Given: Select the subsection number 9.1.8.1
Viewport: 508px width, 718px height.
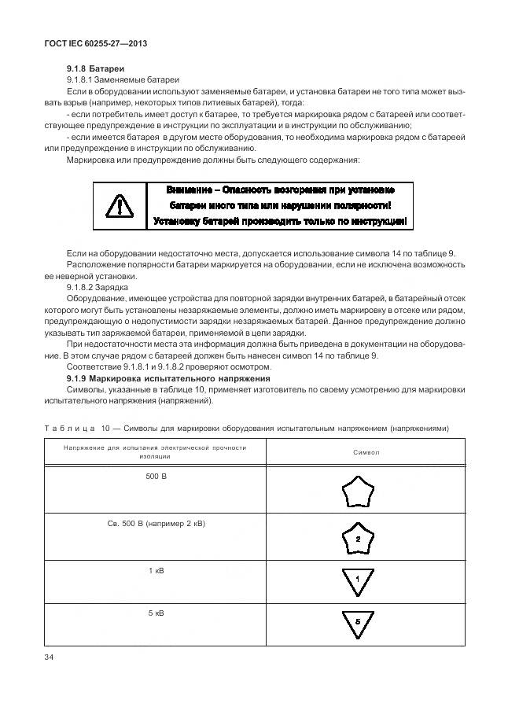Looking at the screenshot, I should [83, 80].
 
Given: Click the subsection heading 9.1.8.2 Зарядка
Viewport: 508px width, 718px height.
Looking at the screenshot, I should [98, 289].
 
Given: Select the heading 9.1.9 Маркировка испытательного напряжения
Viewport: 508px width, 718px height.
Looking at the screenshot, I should [154, 378].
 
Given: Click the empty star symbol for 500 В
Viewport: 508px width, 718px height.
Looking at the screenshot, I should [358, 493].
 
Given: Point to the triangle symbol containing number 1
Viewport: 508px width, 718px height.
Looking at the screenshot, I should [358, 580].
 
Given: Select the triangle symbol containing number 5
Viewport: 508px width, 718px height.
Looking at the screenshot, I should [358, 621].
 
